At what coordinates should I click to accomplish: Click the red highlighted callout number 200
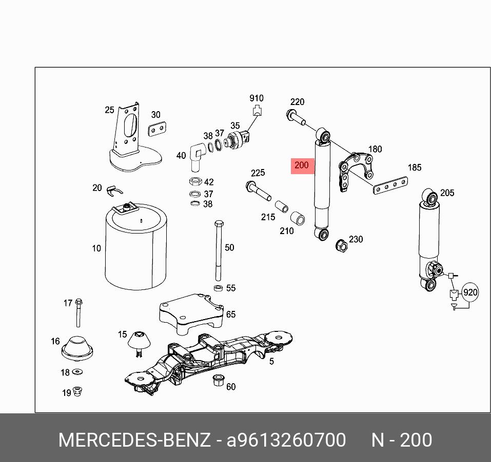302,165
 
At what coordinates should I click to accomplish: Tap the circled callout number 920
470,293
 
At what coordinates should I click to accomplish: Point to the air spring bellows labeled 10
136,248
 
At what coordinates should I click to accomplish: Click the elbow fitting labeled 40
195,155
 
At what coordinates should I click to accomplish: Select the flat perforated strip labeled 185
390,185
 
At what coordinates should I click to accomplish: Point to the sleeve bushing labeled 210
298,217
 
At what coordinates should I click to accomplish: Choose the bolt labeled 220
296,117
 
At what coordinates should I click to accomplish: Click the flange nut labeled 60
218,381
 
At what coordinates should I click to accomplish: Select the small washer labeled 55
218,288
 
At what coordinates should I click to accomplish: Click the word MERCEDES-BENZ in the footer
134,440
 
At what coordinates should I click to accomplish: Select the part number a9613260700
286,440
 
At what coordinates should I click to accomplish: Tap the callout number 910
257,98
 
